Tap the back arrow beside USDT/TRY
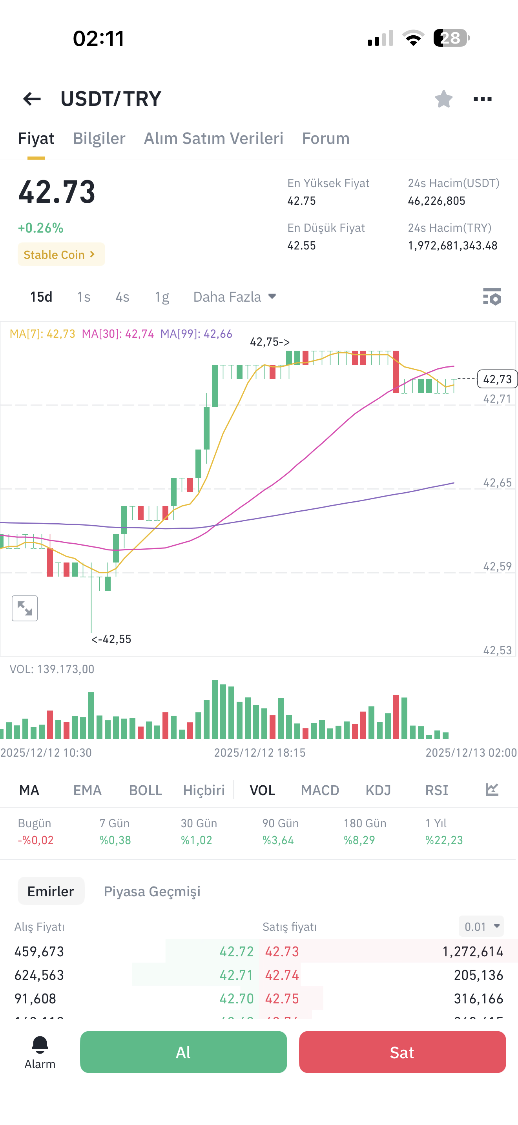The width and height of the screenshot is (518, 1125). (x=32, y=99)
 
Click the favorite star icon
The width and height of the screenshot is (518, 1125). (x=443, y=99)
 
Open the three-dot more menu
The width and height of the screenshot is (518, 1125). (x=483, y=99)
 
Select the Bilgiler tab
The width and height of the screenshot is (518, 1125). (x=99, y=138)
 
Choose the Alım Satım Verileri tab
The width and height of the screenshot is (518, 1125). (x=213, y=138)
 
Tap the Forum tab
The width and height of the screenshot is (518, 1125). (x=326, y=138)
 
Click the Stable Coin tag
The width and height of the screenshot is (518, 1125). (x=61, y=254)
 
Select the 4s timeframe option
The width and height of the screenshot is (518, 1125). (x=122, y=297)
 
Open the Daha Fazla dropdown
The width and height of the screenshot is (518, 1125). (x=235, y=297)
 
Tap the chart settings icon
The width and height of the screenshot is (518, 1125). (x=492, y=297)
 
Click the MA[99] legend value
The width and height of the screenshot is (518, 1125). (x=196, y=334)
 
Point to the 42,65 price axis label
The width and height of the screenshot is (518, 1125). (x=497, y=482)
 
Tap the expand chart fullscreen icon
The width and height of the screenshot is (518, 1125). (x=25, y=608)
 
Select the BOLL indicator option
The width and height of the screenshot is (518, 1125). (x=146, y=790)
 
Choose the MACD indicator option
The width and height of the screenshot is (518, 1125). (x=320, y=790)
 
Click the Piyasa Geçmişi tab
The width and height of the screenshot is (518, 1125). (x=152, y=891)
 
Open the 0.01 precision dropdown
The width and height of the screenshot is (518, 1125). (x=482, y=926)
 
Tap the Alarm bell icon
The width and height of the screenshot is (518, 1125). (x=40, y=1045)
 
